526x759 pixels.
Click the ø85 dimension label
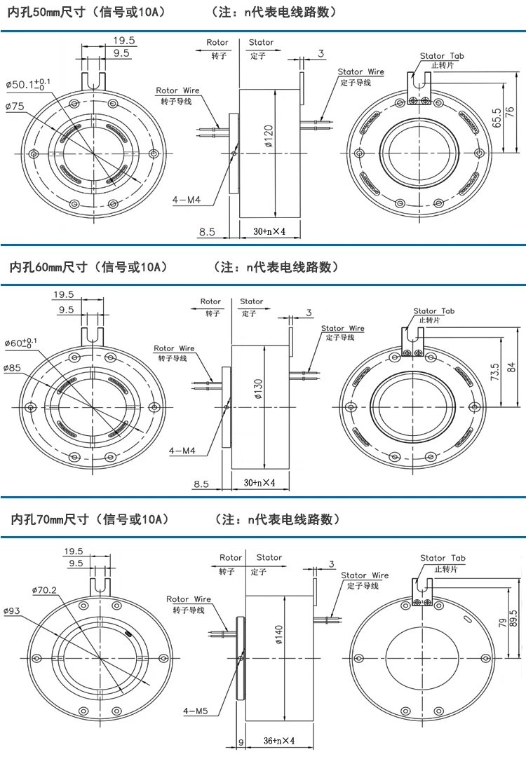click(13, 367)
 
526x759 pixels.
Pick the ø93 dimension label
click(13, 611)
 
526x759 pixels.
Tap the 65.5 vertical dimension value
click(497, 118)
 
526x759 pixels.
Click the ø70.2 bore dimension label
click(44, 590)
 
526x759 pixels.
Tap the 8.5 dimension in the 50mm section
click(207, 231)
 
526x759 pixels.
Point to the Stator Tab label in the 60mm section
click(433, 311)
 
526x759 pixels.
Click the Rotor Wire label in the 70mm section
click(188, 599)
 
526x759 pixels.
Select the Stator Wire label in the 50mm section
click(360, 72)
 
